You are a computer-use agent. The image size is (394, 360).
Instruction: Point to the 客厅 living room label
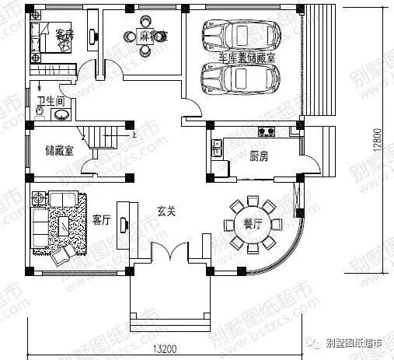coord(102,219)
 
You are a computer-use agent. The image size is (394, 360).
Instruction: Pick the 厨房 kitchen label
coord(259,156)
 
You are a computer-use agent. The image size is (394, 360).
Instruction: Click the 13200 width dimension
coord(162,350)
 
